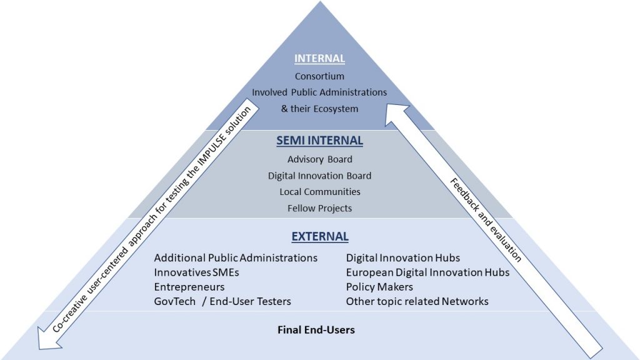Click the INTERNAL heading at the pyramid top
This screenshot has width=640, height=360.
point(319,59)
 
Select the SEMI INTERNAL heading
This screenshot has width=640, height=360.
point(319,141)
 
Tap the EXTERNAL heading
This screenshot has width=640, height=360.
point(320,237)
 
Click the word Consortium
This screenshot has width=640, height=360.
point(319,76)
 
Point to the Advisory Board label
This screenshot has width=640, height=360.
point(319,159)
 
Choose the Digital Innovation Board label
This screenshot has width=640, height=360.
point(319,176)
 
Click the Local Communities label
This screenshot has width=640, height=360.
point(320,192)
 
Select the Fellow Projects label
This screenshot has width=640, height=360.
point(319,209)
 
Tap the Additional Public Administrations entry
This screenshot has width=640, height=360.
point(236,258)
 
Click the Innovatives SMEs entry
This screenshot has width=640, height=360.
point(196,272)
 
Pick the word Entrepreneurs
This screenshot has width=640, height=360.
point(189,287)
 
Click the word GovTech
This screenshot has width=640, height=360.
point(175,301)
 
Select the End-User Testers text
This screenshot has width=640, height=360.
point(250,301)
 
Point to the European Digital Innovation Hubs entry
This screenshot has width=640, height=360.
point(427,272)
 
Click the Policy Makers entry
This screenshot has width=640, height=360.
point(379,287)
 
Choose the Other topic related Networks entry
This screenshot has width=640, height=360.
point(417,301)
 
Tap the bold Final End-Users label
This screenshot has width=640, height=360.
point(316,330)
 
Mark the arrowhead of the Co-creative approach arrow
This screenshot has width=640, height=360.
point(48,339)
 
